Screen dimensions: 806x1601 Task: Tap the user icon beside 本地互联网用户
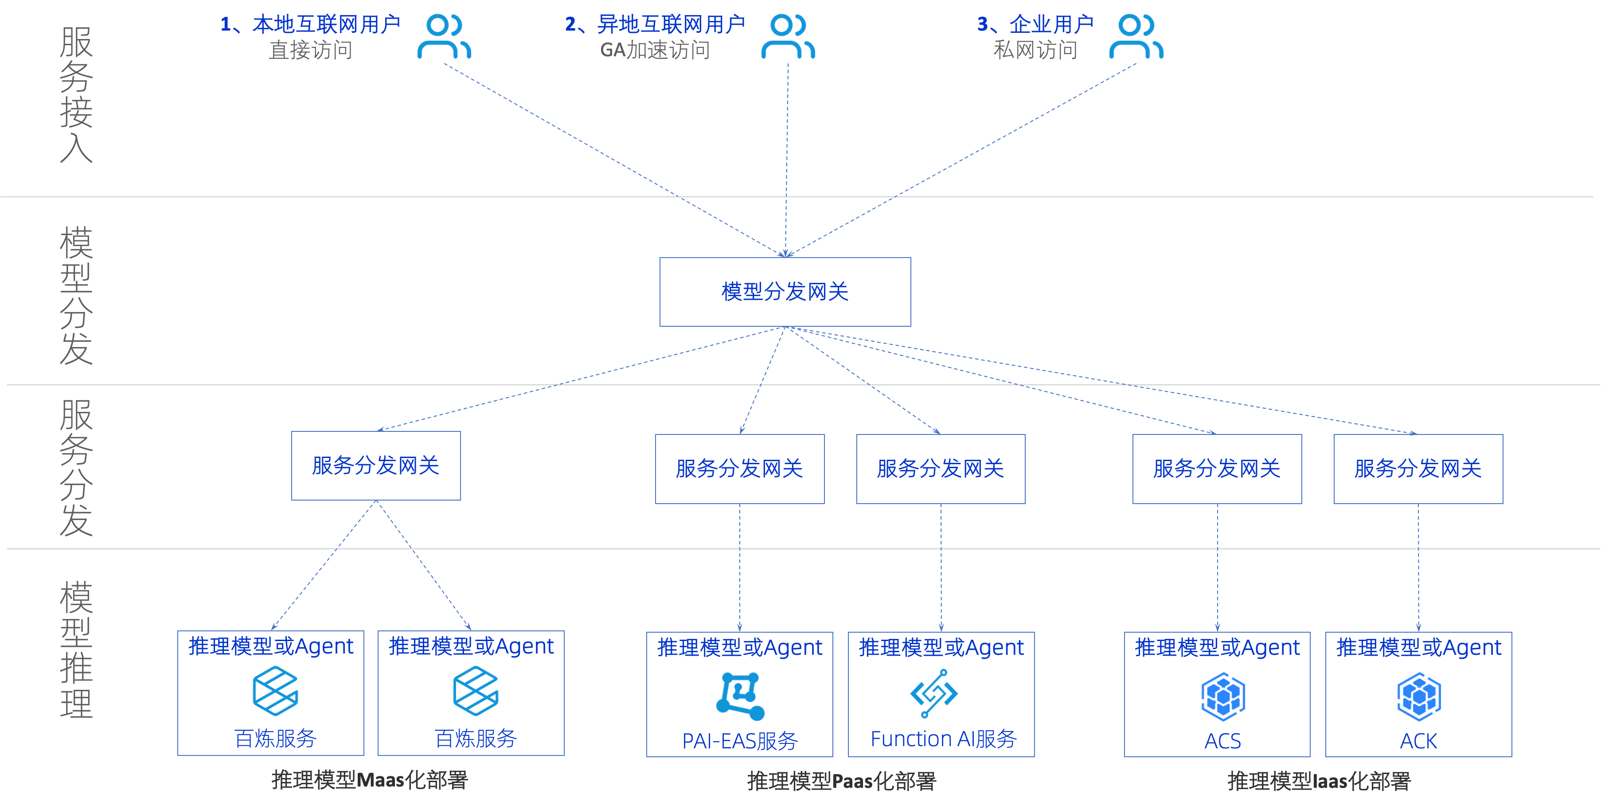point(444,37)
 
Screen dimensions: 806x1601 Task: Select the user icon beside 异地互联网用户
point(788,37)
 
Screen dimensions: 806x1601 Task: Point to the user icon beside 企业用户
point(1136,37)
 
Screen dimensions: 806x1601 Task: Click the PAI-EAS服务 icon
point(740,695)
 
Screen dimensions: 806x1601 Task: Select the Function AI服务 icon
point(934,693)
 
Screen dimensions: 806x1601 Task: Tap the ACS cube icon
point(1222,696)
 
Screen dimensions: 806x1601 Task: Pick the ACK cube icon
point(1419,696)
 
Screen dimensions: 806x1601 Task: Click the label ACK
point(1418,741)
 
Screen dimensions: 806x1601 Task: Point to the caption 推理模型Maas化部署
point(370,780)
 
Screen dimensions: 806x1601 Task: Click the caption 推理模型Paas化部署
point(842,781)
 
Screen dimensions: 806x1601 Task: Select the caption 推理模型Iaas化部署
point(1319,781)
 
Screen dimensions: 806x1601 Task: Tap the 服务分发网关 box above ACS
point(1217,469)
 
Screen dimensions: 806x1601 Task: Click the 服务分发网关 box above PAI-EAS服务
point(740,469)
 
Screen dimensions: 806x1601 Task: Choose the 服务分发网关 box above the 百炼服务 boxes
point(376,466)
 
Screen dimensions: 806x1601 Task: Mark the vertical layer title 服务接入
point(76,94)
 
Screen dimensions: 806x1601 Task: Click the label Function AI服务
point(943,739)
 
